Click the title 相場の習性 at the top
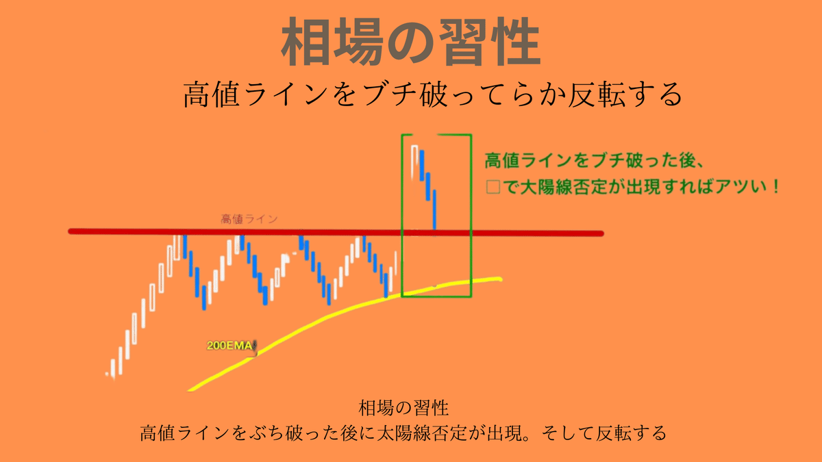(410, 42)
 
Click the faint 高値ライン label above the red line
(249, 219)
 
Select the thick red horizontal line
(336, 233)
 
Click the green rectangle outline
(471, 205)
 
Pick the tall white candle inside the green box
(414, 159)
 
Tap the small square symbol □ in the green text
(493, 187)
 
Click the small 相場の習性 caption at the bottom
(403, 409)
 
